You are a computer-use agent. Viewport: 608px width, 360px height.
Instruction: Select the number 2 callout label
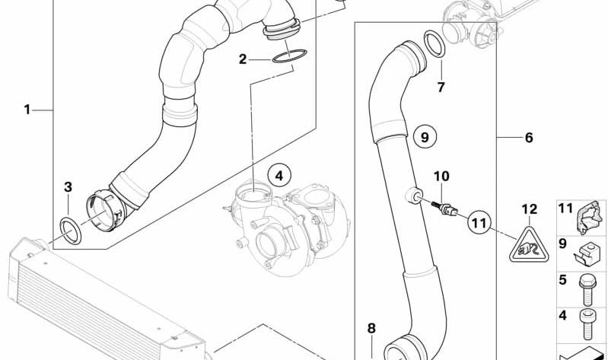click(244, 59)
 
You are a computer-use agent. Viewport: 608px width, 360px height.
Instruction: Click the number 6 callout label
click(528, 138)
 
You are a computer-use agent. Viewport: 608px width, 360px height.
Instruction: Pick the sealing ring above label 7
click(435, 45)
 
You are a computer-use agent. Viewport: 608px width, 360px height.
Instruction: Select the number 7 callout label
click(440, 88)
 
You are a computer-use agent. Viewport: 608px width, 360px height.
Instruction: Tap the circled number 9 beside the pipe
click(425, 138)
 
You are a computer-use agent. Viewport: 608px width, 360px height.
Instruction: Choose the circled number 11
click(477, 223)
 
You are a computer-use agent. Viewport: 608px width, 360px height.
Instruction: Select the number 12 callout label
click(529, 208)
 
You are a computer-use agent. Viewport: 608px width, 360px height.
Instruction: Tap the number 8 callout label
click(371, 329)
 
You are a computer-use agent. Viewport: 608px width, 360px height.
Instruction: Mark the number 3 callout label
click(68, 186)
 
